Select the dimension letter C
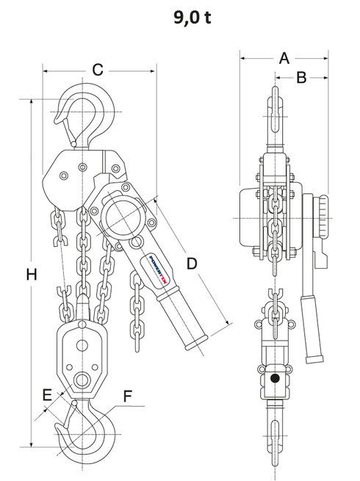97,70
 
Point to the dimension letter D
192,262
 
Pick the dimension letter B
301,78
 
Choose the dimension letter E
48,394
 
